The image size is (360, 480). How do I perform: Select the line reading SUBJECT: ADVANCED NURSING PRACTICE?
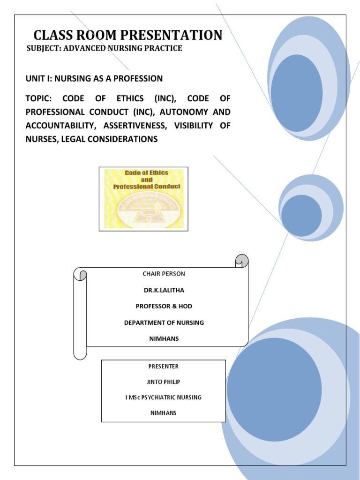pos(104,49)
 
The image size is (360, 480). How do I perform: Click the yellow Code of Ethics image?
pos(143,199)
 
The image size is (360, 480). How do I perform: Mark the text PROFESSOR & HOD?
pos(164,306)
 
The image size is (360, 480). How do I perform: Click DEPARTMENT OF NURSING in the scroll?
pos(164,322)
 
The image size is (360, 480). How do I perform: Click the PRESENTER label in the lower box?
pos(163,366)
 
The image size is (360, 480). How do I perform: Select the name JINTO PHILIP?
pos(163,382)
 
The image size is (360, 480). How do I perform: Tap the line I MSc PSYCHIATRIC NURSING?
pos(163,397)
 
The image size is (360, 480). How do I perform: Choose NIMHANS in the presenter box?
pos(163,413)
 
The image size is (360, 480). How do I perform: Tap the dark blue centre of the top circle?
pos(296,93)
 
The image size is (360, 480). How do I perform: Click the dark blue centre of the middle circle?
pos(301,216)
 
